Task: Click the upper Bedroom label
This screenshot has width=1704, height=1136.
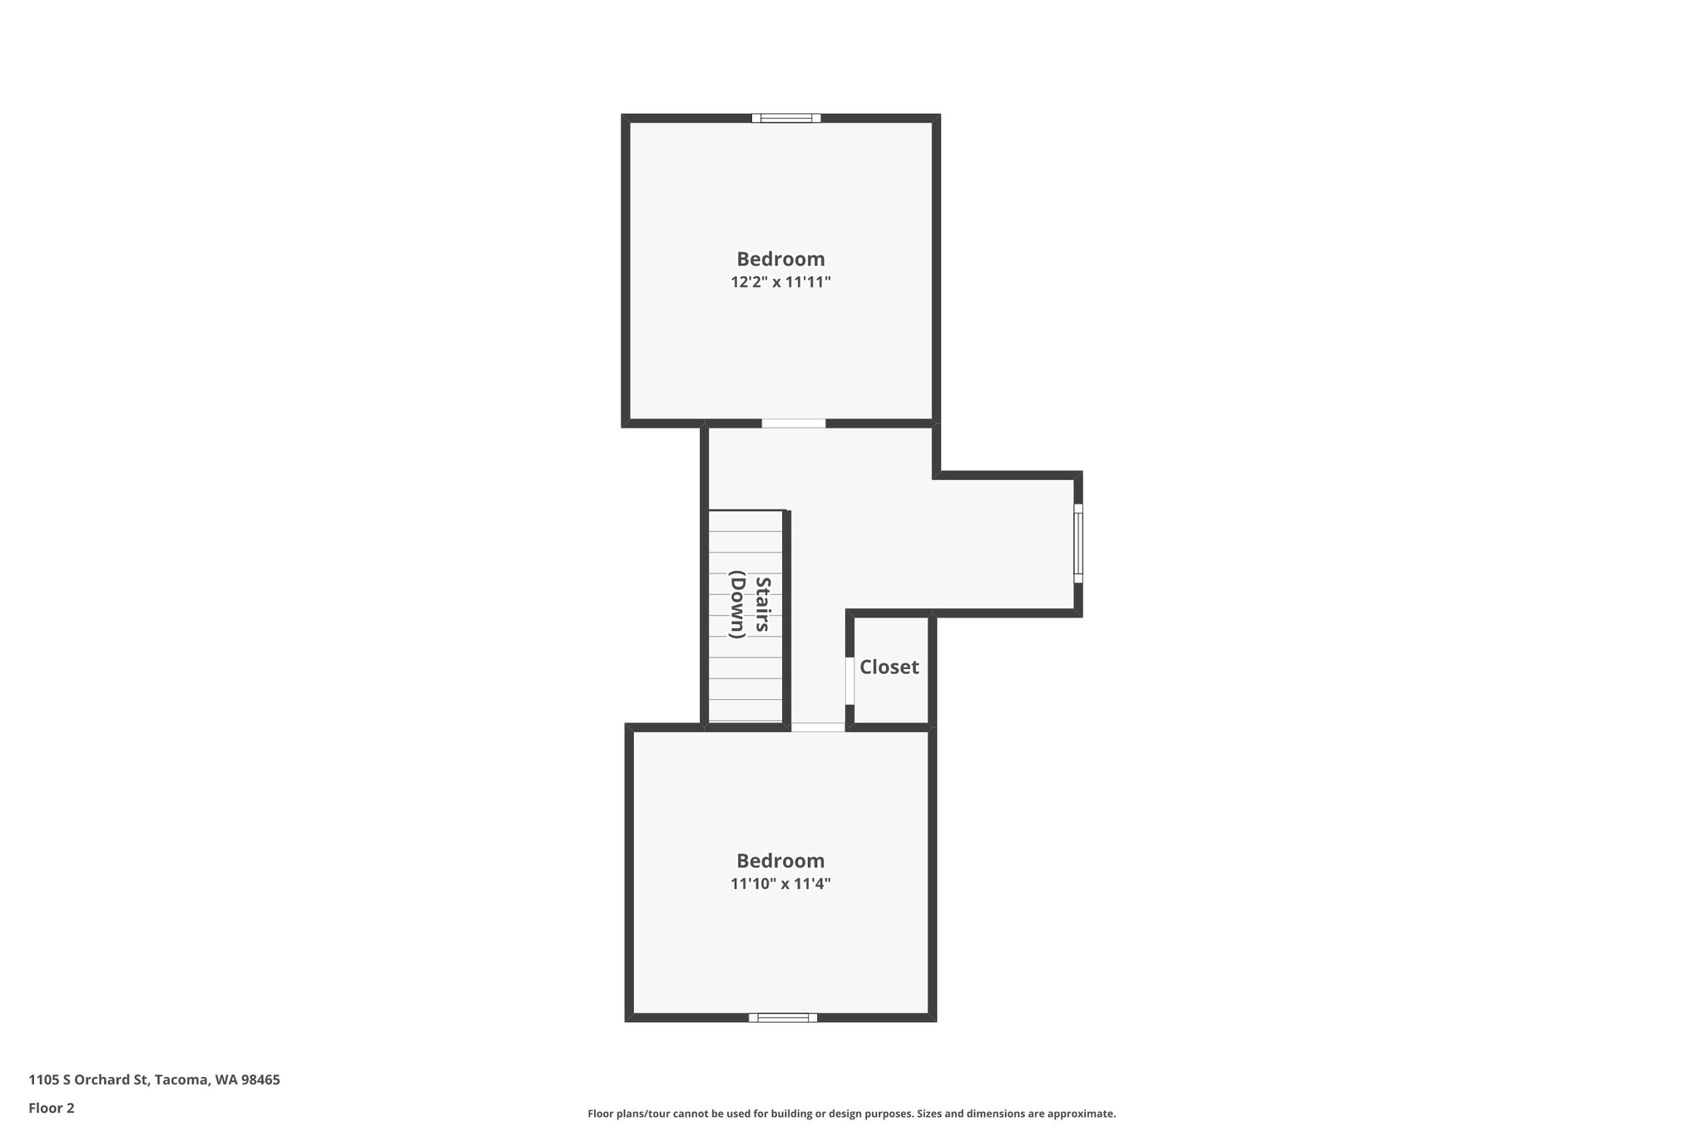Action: tap(780, 259)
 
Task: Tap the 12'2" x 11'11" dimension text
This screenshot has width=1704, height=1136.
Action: tap(780, 282)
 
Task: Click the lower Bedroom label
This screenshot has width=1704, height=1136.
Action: tap(780, 861)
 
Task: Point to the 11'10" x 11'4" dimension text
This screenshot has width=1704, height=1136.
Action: tap(780, 884)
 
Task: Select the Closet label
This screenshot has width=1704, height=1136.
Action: tap(889, 667)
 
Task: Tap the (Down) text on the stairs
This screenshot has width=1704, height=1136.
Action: tap(737, 604)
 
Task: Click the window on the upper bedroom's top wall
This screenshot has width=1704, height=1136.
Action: tap(786, 118)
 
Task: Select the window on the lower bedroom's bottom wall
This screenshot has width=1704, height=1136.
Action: tap(783, 1017)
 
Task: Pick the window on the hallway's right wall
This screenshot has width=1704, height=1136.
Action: tap(1078, 543)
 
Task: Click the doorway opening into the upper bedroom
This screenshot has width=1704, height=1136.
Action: tap(794, 424)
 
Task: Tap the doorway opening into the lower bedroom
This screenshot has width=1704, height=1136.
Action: tap(818, 727)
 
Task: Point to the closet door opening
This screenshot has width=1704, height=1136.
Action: tap(850, 681)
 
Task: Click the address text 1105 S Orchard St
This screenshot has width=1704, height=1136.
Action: tap(89, 1080)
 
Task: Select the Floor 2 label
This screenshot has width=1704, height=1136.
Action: tap(52, 1108)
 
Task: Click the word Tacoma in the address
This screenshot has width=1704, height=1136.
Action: tap(181, 1080)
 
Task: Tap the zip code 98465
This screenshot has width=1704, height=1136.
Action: tap(260, 1080)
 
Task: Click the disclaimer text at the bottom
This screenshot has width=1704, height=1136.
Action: tap(851, 1114)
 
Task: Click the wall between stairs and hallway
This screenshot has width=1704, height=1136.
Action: tap(786, 616)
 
